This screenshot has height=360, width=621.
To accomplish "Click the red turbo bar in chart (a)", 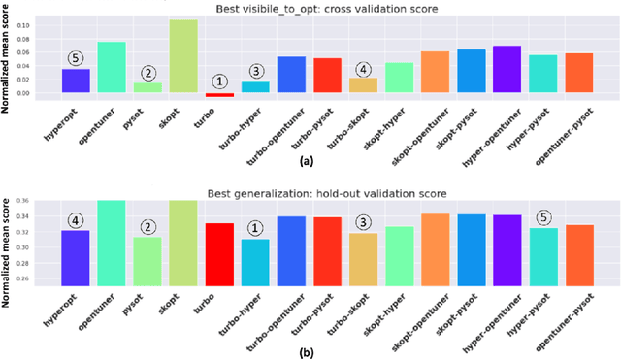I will (x=219, y=95).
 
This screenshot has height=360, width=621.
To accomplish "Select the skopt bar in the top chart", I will (x=183, y=56).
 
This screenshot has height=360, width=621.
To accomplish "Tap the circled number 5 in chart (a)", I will (x=76, y=57).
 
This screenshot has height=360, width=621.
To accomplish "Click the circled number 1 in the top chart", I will (x=219, y=82).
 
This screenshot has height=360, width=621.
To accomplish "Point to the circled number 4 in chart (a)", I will (x=363, y=70).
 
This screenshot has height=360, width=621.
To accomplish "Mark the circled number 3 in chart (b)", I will (x=363, y=221).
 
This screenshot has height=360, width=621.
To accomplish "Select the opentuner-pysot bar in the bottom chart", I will (x=579, y=254).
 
